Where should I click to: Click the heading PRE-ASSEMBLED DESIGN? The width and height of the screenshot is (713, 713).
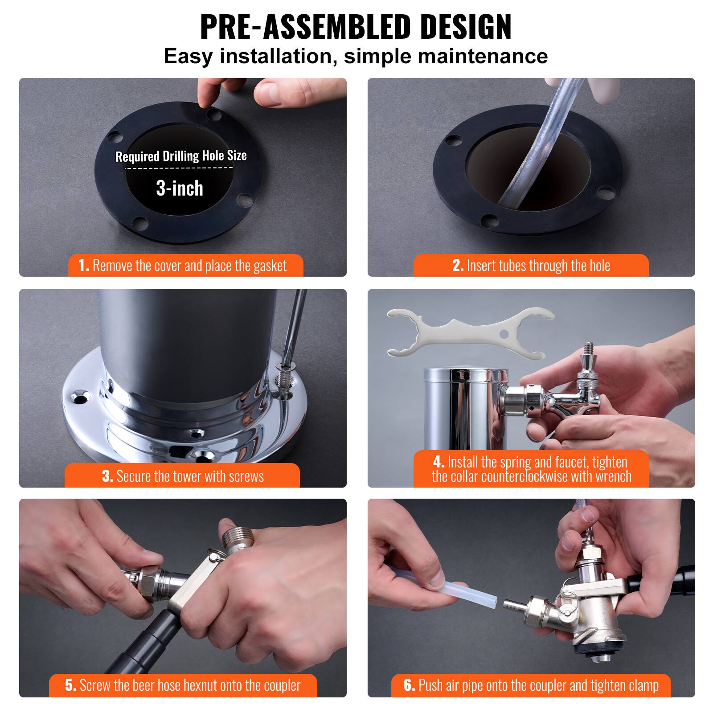pyautogui.click(x=356, y=28)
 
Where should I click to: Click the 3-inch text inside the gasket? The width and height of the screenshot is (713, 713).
pyautogui.click(x=180, y=188)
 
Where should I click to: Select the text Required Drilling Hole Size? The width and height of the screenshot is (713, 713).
pyautogui.click(x=181, y=156)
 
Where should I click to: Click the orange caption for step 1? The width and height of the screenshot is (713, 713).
pyautogui.click(x=185, y=266)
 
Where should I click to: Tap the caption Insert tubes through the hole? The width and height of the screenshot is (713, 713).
pyautogui.click(x=531, y=266)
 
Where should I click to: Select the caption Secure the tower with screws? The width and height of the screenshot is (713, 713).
pyautogui.click(x=182, y=476)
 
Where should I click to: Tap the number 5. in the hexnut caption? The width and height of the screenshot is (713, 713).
pyautogui.click(x=70, y=685)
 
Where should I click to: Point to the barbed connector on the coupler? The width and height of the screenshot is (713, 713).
pyautogui.click(x=513, y=606)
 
